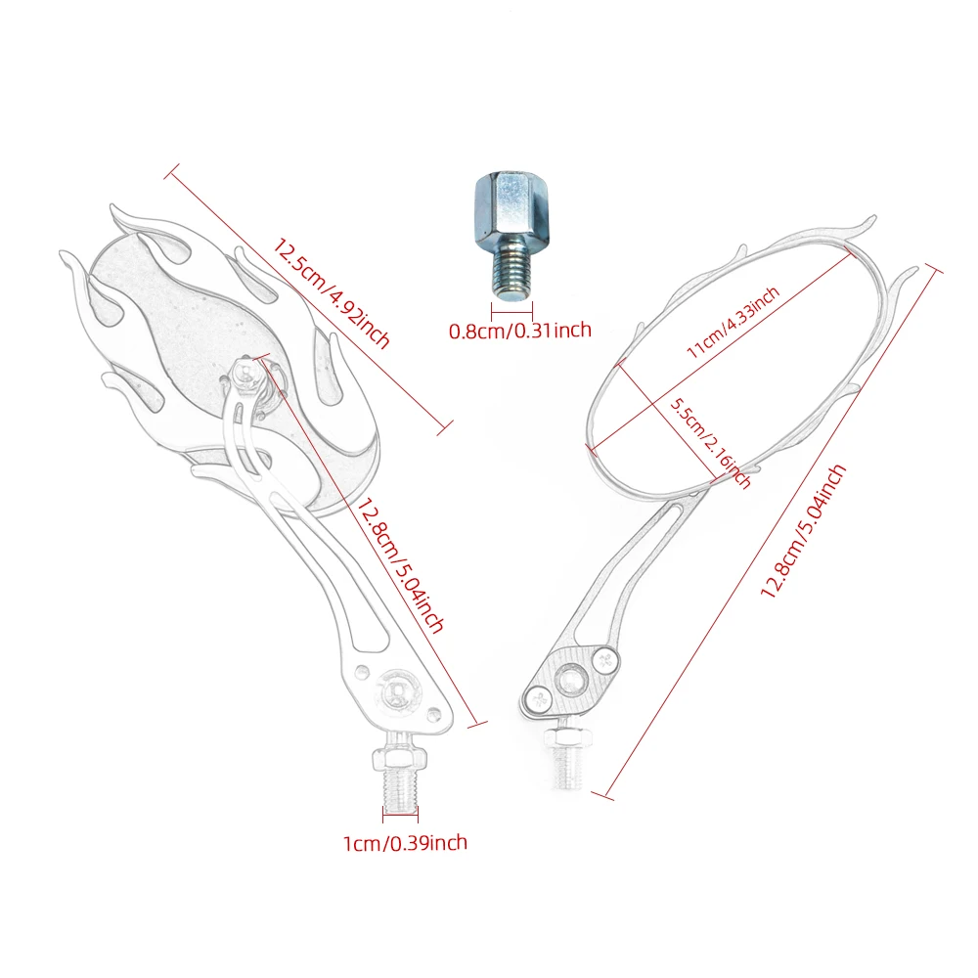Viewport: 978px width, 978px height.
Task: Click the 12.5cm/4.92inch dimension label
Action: pyautogui.click(x=331, y=293)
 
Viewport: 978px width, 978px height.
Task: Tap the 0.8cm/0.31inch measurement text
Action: pyautogui.click(x=520, y=330)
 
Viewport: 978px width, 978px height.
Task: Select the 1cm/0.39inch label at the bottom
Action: pyautogui.click(x=406, y=843)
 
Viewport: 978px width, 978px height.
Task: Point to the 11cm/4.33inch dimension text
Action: pyautogui.click(x=733, y=323)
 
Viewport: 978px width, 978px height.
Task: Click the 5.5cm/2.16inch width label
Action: pyautogui.click(x=710, y=443)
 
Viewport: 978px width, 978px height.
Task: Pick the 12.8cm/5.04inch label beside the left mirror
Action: pyautogui.click(x=400, y=565)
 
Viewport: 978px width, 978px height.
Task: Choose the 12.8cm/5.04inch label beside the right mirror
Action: pyautogui.click(x=803, y=531)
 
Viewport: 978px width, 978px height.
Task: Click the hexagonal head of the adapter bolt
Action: pyautogui.click(x=511, y=207)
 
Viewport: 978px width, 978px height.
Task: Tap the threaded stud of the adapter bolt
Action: pyautogui.click(x=511, y=271)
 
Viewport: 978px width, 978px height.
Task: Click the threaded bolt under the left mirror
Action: pyautogui.click(x=400, y=789)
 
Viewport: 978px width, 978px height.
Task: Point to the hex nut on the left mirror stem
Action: pyautogui.click(x=400, y=757)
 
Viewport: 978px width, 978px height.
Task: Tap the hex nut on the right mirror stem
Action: pyautogui.click(x=567, y=738)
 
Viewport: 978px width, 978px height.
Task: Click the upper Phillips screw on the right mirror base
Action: pyautogui.click(x=605, y=661)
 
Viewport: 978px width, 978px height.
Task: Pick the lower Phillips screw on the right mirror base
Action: pyautogui.click(x=539, y=700)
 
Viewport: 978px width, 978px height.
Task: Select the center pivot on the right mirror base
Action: pyautogui.click(x=571, y=680)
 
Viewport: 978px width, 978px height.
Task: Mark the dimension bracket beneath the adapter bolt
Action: pyautogui.click(x=511, y=311)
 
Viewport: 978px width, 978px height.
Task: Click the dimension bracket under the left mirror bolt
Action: pyautogui.click(x=400, y=814)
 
